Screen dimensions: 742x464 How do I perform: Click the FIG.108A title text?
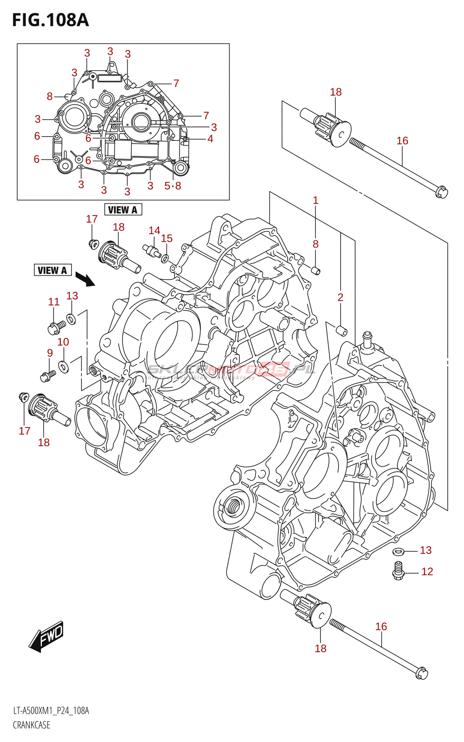click(50, 20)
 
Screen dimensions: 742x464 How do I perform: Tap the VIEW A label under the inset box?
click(122, 210)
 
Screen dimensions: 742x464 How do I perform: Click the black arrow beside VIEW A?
click(84, 279)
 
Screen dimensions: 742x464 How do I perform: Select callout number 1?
click(316, 200)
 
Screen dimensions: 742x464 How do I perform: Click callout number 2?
click(341, 297)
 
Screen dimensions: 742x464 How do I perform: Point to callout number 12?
click(427, 572)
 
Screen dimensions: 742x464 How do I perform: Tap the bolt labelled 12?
click(398, 571)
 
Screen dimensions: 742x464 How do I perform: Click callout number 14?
click(154, 230)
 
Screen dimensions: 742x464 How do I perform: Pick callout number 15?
click(167, 238)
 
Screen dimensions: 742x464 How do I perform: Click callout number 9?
click(50, 353)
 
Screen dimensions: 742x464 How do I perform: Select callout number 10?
click(63, 342)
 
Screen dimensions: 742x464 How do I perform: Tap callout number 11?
click(54, 302)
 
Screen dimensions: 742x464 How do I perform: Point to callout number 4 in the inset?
click(210, 139)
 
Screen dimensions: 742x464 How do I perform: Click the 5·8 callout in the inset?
click(173, 186)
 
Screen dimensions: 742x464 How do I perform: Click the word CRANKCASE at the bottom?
click(32, 725)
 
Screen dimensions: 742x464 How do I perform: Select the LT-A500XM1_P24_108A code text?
click(51, 711)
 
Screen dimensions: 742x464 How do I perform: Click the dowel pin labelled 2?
click(342, 331)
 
